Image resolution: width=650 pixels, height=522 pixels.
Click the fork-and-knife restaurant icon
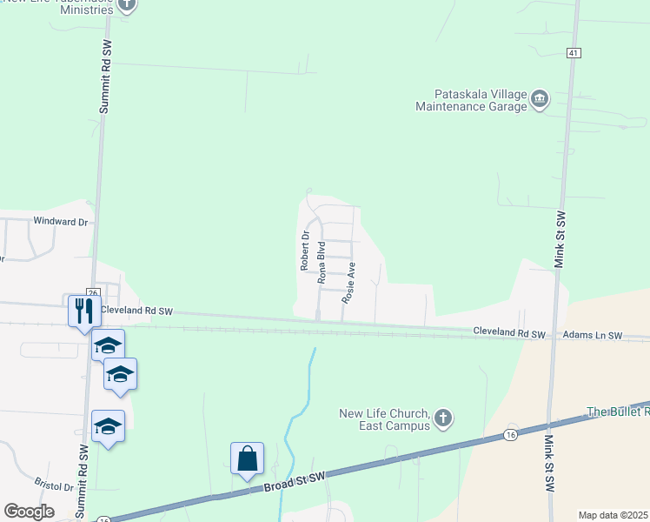(83, 310)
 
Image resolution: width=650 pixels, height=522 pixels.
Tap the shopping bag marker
(247, 458)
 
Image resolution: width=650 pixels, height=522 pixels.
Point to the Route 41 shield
(573, 53)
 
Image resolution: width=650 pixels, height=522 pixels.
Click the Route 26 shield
(93, 292)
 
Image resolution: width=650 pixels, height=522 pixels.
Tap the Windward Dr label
(61, 222)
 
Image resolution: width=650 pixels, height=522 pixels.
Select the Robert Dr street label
(305, 251)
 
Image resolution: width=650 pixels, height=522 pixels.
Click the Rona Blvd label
(322, 263)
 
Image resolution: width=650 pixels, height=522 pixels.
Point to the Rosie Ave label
(349, 282)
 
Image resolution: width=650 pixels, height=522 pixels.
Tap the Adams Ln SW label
(592, 335)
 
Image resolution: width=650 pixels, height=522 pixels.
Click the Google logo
(29, 512)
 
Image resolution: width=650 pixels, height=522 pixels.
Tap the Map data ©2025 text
(614, 515)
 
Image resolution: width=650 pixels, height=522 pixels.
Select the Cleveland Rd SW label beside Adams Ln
(508, 333)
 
